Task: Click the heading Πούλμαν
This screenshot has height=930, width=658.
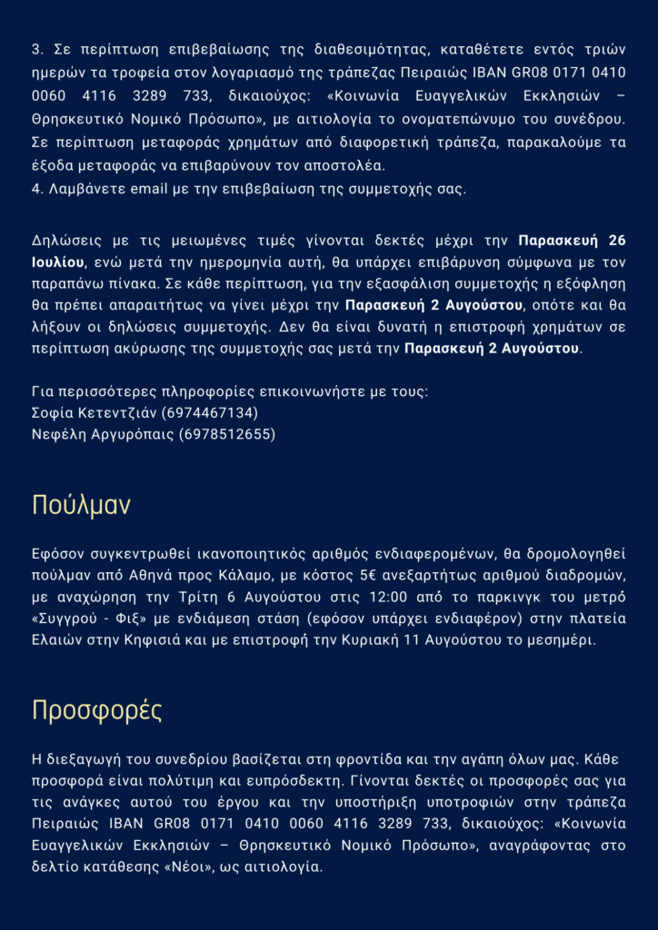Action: [81, 505]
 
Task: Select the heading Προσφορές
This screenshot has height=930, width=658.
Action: [97, 710]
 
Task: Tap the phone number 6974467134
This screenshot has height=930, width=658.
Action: [210, 412]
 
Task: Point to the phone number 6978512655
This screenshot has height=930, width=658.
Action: [227, 434]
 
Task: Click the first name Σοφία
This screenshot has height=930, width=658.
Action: [53, 412]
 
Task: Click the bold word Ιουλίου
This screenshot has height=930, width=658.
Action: [58, 262]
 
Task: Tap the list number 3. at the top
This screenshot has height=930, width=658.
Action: [37, 49]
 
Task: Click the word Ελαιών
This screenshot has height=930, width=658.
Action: [56, 640]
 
